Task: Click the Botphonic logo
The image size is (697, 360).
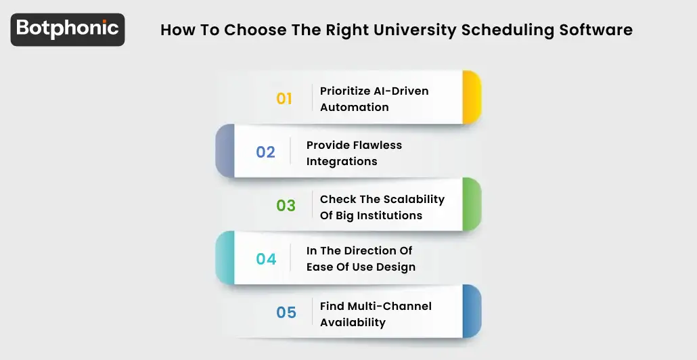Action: pyautogui.click(x=68, y=29)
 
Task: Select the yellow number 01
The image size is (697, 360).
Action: pyautogui.click(x=284, y=99)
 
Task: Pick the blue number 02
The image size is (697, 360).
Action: pyautogui.click(x=265, y=152)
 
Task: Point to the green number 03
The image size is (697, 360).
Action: pyautogui.click(x=286, y=206)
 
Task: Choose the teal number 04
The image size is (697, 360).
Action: pyautogui.click(x=266, y=259)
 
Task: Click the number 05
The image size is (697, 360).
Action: pyautogui.click(x=286, y=313)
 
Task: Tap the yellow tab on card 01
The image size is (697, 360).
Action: pyautogui.click(x=472, y=97)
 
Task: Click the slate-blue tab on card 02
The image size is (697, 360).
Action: pyautogui.click(x=225, y=151)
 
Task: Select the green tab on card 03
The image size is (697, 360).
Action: pyautogui.click(x=472, y=204)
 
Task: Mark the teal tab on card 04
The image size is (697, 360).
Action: pyautogui.click(x=225, y=258)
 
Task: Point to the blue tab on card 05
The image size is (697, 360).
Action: pyautogui.click(x=472, y=311)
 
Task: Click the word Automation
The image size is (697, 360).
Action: pyautogui.click(x=354, y=107)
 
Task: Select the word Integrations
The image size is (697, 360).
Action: pyautogui.click(x=342, y=161)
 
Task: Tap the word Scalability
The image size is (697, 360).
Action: pyautogui.click(x=413, y=199)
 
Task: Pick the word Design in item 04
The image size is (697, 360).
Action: pyautogui.click(x=396, y=267)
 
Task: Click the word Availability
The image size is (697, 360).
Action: pyautogui.click(x=353, y=322)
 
